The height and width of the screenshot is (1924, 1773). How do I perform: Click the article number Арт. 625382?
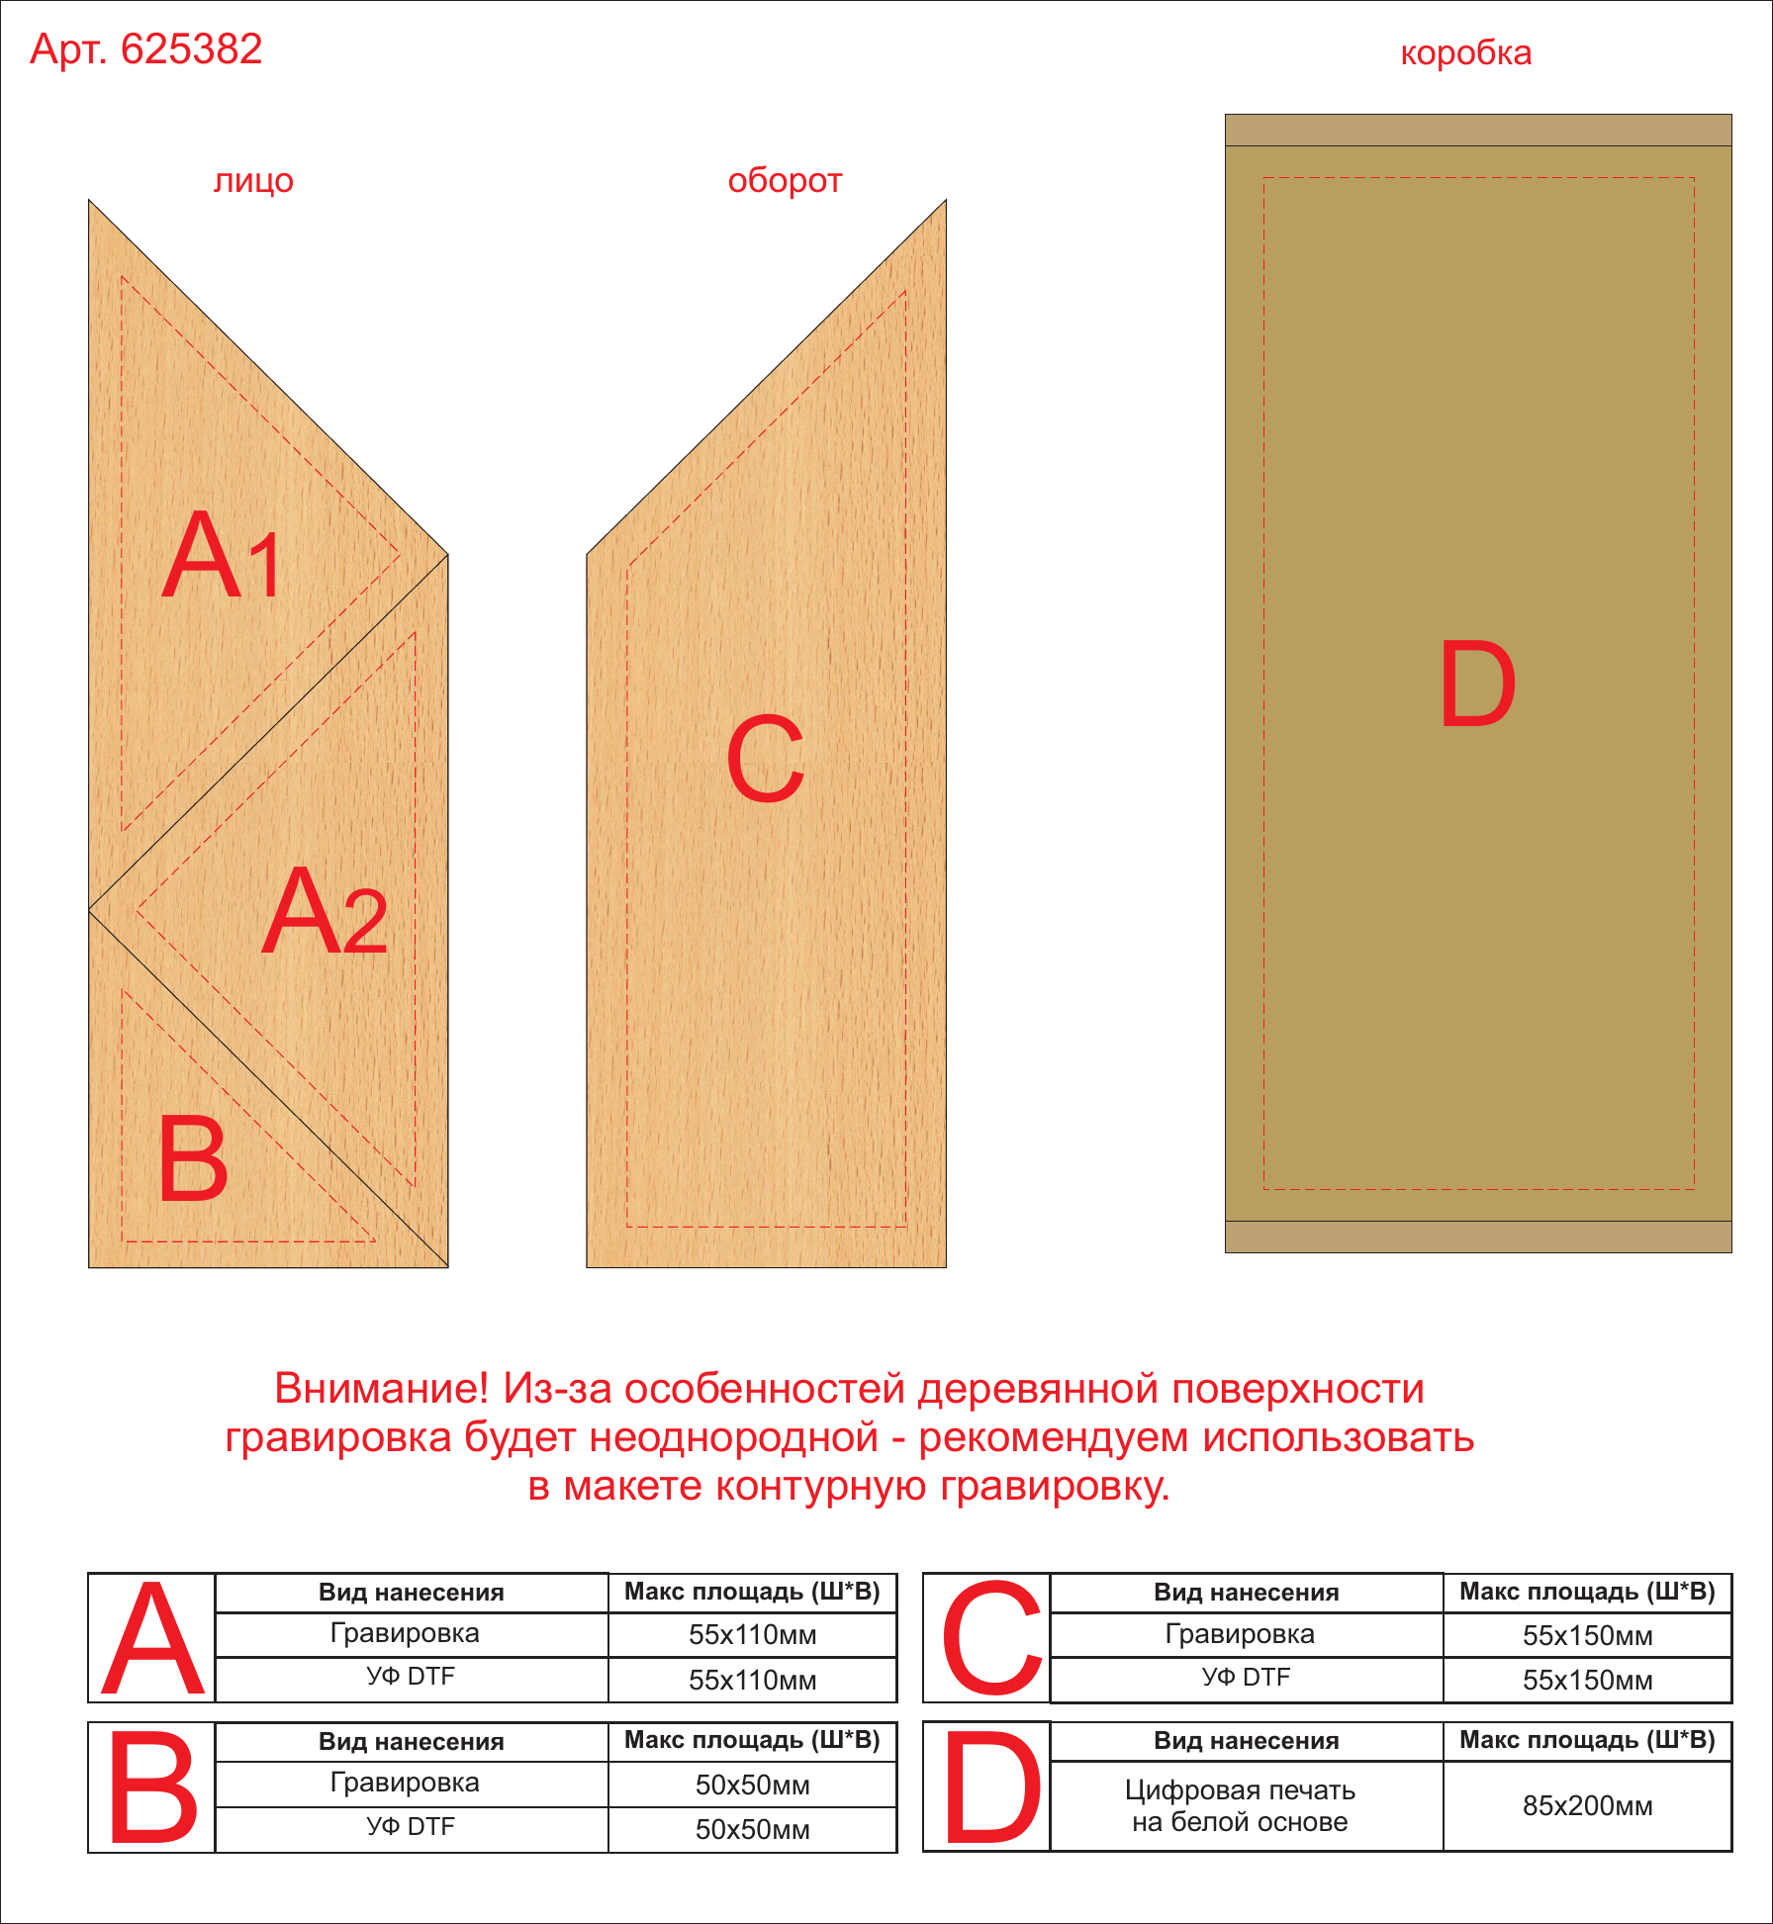146,48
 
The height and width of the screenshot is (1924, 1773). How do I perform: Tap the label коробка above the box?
1465,52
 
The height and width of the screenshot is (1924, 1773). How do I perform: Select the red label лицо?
253,182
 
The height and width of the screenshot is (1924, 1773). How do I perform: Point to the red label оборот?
785,180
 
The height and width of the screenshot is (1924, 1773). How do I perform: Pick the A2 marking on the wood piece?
325,911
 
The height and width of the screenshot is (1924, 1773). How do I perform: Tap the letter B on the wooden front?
193,1157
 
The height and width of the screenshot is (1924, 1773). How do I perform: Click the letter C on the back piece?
766,758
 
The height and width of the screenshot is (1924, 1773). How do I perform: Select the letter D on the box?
1477,684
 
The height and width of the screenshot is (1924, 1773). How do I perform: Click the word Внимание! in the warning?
382,1389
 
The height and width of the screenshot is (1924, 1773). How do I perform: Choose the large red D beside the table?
992,1787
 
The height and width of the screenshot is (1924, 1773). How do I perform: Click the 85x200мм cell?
1587,1806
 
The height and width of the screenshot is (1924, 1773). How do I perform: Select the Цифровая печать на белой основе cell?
1240,1806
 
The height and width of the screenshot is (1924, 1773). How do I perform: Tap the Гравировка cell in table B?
405,1783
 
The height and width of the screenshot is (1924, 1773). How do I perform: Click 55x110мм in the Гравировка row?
752,1634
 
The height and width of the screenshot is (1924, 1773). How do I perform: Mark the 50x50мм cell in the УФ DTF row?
752,1829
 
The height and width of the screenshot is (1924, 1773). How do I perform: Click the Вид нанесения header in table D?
1246,1741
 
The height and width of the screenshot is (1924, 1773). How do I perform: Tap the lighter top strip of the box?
1478,131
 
